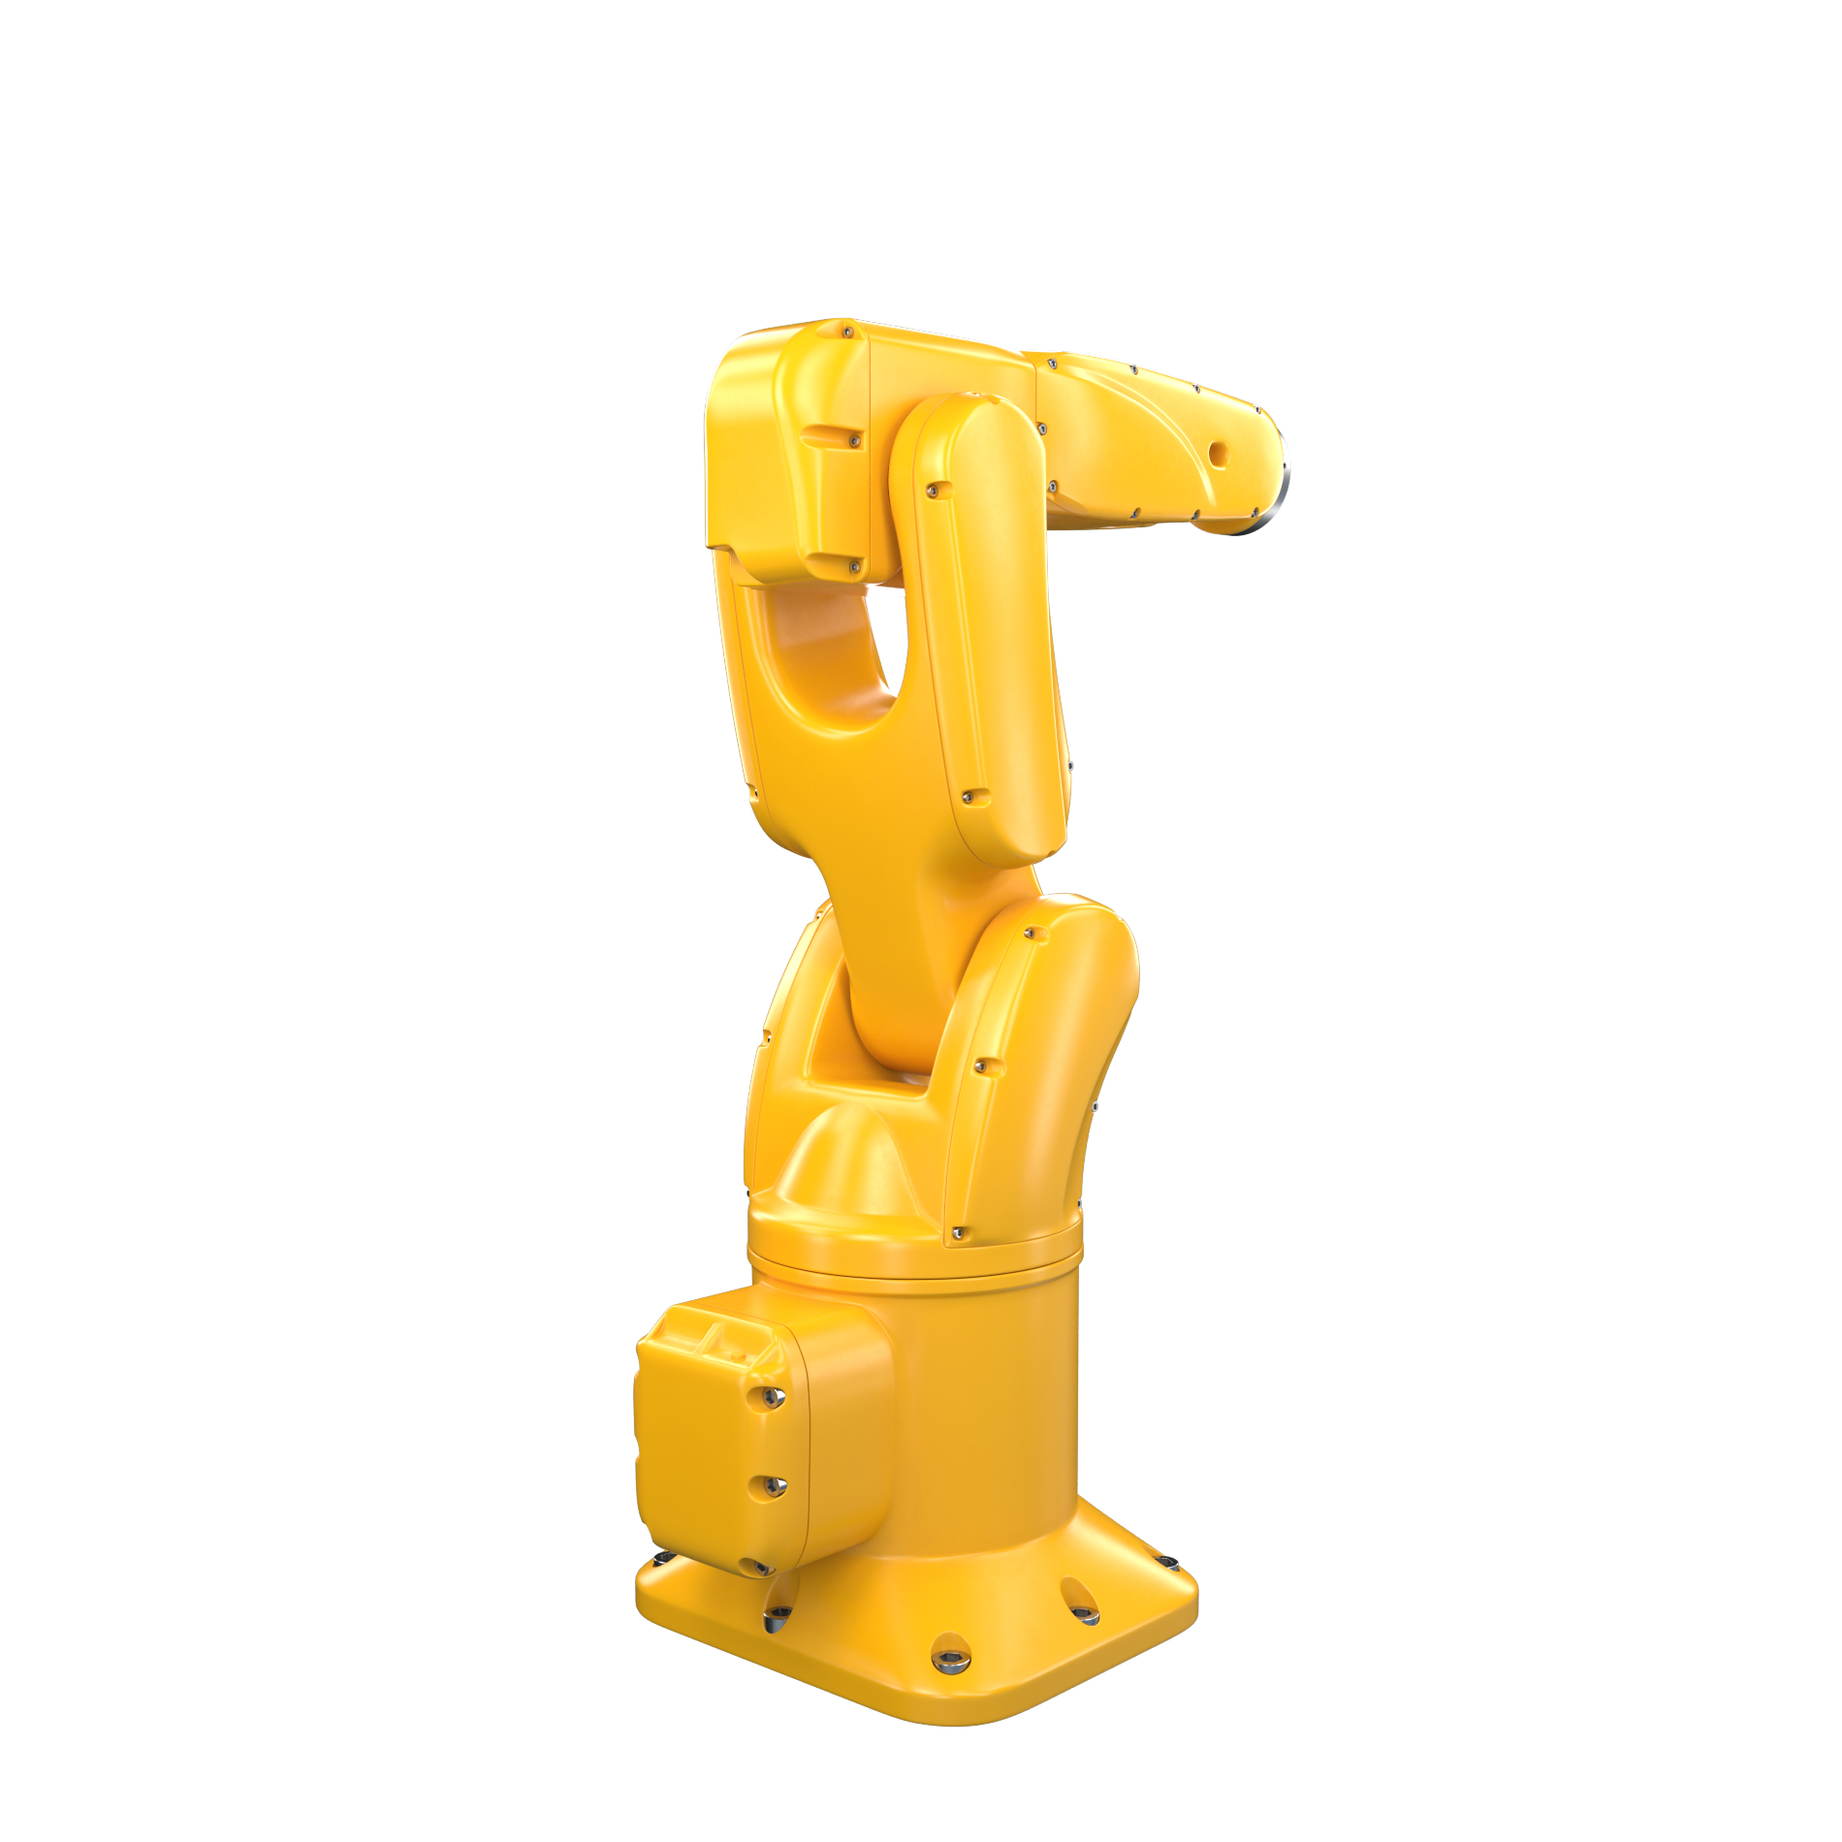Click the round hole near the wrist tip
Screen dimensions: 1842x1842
(1219, 454)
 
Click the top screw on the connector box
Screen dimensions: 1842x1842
(773, 1396)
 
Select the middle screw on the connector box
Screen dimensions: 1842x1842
(773, 1484)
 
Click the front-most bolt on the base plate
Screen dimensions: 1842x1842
(951, 1659)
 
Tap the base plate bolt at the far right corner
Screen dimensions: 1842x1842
(1167, 1562)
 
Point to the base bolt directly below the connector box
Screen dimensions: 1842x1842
(776, 1614)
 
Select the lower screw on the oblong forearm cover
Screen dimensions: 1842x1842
(968, 797)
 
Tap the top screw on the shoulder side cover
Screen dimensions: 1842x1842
(1032, 935)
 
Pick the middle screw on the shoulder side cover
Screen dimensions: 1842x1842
(980, 1066)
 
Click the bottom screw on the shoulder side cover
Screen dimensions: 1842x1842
(959, 1233)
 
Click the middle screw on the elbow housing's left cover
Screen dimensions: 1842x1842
(854, 441)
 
